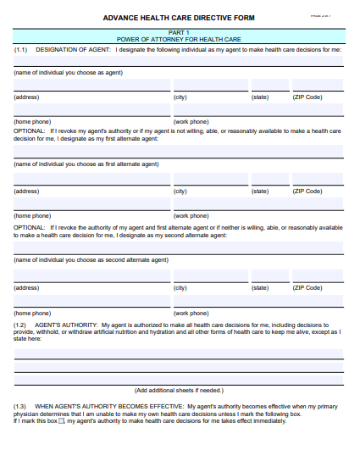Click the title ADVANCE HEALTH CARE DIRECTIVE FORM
tap(178, 17)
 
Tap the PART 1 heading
tap(178, 32)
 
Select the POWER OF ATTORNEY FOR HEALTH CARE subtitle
tap(178, 40)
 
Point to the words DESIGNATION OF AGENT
tap(64, 50)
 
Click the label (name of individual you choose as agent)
tap(68, 73)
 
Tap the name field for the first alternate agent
tap(178, 152)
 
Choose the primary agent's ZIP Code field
tap(318, 86)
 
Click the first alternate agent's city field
tap(211, 181)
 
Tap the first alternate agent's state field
tap(269, 181)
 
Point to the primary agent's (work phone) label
tap(191, 121)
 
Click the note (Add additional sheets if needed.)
tap(178, 391)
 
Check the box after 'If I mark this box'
tap(61, 421)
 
